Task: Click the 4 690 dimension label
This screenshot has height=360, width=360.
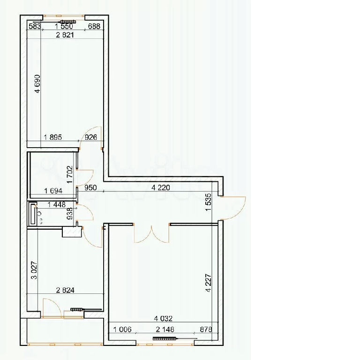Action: click(x=37, y=83)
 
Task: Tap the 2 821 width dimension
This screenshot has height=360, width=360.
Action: click(x=65, y=35)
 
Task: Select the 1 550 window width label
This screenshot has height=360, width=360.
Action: click(x=64, y=26)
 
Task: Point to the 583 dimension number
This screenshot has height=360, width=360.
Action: click(x=35, y=26)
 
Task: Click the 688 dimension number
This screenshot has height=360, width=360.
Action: click(x=94, y=26)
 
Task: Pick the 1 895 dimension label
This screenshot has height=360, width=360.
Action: click(x=53, y=137)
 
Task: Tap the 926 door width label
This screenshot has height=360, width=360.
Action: click(x=91, y=137)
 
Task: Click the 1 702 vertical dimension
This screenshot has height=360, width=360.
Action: click(x=70, y=174)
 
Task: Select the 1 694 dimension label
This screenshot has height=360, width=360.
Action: click(x=53, y=191)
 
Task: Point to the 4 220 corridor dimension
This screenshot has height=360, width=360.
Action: click(x=161, y=188)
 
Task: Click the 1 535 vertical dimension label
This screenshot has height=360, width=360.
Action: click(x=208, y=202)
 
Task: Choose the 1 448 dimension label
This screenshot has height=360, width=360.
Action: click(x=56, y=204)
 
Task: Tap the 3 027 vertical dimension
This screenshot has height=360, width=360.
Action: click(x=34, y=270)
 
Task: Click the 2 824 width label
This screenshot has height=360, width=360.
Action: click(x=65, y=290)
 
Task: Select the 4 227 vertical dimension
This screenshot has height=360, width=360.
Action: click(x=208, y=283)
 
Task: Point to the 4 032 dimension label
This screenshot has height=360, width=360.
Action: click(x=163, y=319)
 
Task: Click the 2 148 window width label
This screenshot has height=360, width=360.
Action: click(x=165, y=330)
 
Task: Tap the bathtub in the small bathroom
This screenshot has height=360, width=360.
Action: click(x=33, y=214)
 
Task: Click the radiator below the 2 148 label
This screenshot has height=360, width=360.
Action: click(x=165, y=338)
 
